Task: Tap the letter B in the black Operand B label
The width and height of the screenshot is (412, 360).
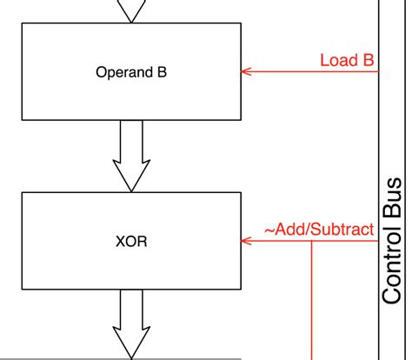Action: (x=161, y=72)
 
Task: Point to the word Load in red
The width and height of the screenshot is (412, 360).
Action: (x=336, y=60)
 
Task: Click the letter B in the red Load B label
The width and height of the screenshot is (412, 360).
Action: (x=369, y=60)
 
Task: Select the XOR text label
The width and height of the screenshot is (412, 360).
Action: (x=131, y=241)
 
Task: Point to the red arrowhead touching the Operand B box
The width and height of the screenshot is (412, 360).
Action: (x=245, y=71)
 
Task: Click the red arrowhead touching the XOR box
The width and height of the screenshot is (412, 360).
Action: (x=245, y=241)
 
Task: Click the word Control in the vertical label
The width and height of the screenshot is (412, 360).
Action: (x=394, y=273)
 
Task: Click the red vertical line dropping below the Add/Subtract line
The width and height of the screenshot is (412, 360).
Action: (x=311, y=304)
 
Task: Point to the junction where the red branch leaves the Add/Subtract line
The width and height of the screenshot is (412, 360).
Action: (x=311, y=241)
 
